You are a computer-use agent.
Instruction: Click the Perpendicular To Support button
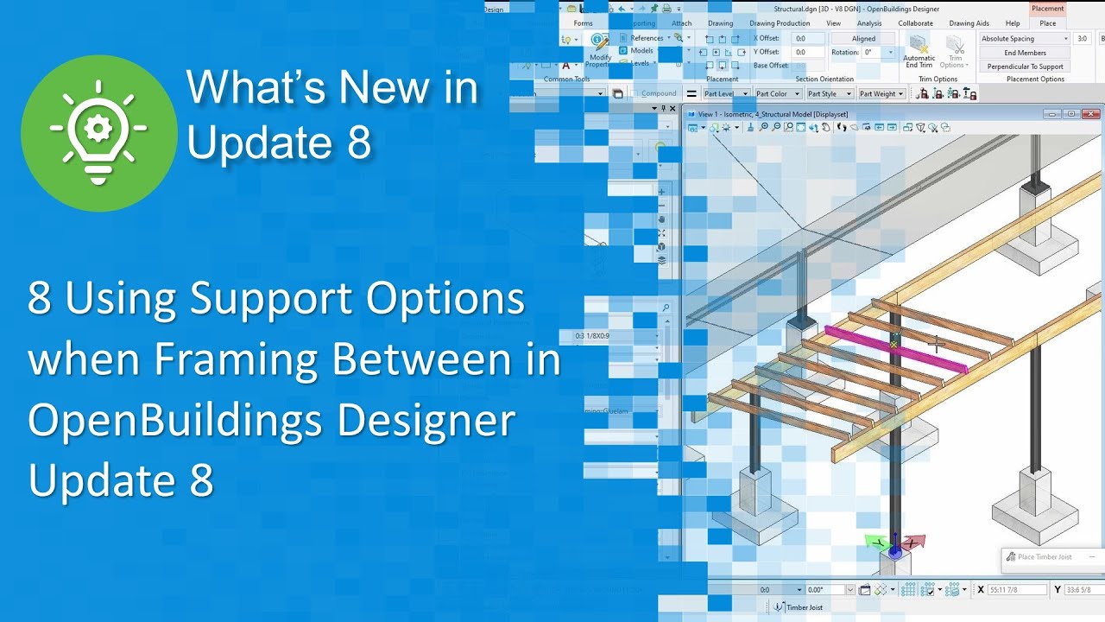[x=1025, y=67]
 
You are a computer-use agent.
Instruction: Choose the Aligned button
[x=863, y=39]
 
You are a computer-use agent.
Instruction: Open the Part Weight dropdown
[x=881, y=93]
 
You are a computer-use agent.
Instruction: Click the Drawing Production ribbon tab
[x=780, y=23]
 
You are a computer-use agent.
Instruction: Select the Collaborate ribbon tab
[x=915, y=23]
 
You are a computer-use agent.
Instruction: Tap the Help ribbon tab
[x=1013, y=23]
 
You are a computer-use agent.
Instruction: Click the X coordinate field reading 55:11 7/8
[x=1017, y=589]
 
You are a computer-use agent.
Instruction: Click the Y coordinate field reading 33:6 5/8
[x=1077, y=589]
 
